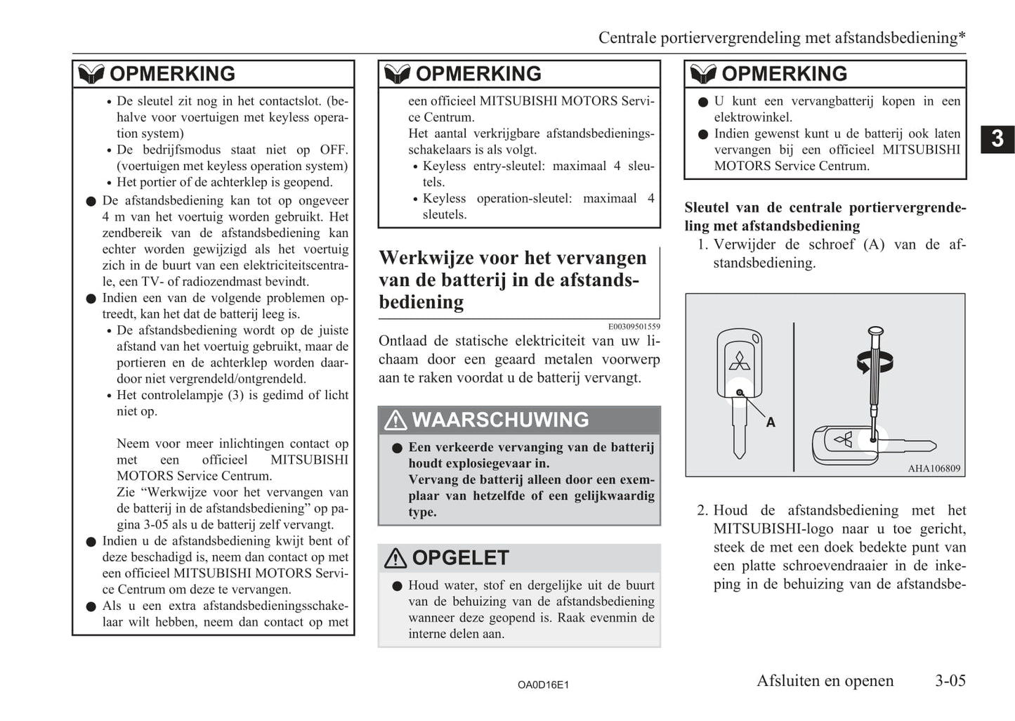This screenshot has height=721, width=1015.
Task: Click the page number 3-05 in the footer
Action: click(950, 680)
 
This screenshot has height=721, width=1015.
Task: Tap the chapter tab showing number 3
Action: click(997, 138)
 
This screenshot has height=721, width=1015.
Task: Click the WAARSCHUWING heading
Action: click(500, 420)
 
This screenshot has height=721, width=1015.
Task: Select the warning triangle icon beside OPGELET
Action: click(395, 558)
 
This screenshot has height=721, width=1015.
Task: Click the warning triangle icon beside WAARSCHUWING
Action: click(395, 420)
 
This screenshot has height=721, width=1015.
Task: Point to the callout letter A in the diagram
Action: click(771, 422)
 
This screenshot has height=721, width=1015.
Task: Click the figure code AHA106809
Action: click(934, 469)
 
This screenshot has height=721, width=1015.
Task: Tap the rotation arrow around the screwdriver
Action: click(875, 362)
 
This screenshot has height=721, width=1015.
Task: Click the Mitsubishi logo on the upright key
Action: click(739, 360)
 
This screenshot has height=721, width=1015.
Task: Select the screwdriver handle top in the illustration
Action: click(875, 331)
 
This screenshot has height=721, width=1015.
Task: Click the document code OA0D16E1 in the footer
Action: click(543, 684)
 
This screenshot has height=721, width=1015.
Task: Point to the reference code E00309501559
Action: click(634, 326)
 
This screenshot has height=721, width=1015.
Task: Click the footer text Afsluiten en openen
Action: click(825, 680)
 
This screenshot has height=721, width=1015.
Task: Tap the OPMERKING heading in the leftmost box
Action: click(172, 74)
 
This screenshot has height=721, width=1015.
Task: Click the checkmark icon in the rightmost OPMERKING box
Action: click(702, 74)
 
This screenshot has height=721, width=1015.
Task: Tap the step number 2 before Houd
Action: click(702, 510)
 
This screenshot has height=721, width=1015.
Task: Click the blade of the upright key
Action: click(738, 436)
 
